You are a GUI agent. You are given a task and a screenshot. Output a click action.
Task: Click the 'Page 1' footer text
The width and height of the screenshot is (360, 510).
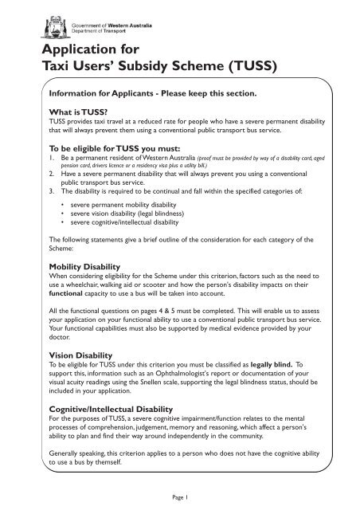(x=180, y=496)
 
